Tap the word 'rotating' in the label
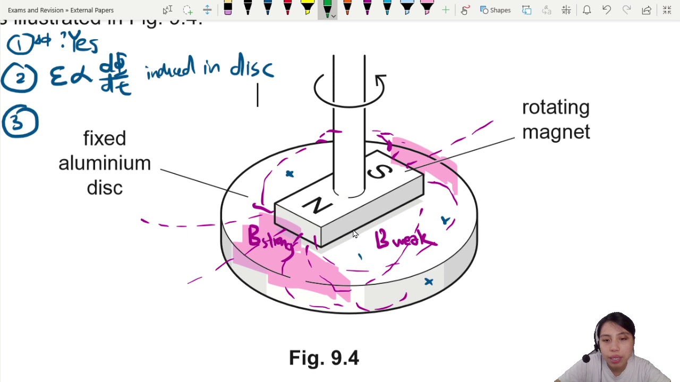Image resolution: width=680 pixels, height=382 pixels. coord(556,108)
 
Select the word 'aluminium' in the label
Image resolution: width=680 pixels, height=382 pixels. coord(105,163)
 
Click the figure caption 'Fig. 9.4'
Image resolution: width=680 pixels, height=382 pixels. coord(324,358)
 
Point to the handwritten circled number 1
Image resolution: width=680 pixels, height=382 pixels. coord(20,44)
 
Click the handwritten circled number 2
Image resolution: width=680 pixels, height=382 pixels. coord(20,79)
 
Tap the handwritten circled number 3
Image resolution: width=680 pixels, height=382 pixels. coord(20,122)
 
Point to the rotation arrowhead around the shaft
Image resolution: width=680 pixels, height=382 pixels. coord(380,81)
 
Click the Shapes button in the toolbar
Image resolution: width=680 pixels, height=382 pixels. coord(495,10)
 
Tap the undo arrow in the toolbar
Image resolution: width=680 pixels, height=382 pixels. coord(607,10)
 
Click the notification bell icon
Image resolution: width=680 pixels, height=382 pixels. coord(586,10)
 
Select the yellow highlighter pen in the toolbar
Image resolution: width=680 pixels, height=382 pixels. coord(307,7)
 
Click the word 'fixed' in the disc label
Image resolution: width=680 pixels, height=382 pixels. coord(105,139)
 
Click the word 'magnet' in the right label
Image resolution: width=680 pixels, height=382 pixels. coord(556,132)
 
